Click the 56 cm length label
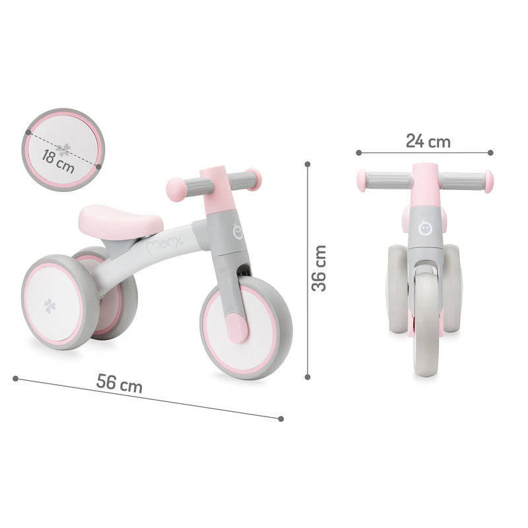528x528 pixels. (119, 383)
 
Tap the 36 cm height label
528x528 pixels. (319, 268)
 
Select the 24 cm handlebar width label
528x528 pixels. (428, 141)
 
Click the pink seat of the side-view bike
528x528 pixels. (120, 219)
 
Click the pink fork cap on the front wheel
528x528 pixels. (235, 326)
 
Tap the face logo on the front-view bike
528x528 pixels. (426, 228)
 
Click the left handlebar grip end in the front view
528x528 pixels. (362, 180)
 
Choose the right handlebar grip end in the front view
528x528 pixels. (488, 181)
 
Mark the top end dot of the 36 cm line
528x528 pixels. (308, 162)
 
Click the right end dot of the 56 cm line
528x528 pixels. (280, 418)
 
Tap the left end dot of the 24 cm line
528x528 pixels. (358, 152)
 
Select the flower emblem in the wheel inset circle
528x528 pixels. (63, 149)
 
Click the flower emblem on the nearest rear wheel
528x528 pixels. (51, 305)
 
